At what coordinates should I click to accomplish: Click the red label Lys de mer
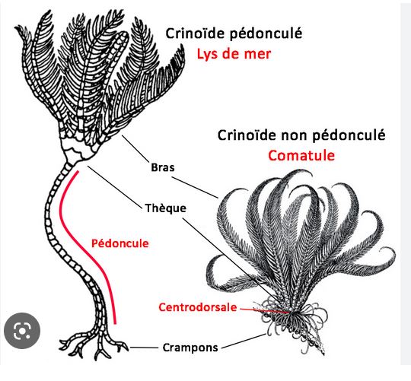[x=234, y=54]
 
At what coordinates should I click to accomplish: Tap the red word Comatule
[x=301, y=156]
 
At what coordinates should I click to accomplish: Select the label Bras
[x=163, y=167]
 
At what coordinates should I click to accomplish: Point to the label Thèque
[x=166, y=208]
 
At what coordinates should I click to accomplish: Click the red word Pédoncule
[x=120, y=243]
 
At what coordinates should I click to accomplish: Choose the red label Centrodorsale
[x=198, y=307]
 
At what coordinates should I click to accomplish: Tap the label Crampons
[x=190, y=348]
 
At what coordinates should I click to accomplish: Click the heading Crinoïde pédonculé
[x=234, y=33]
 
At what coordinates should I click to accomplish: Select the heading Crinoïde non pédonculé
[x=301, y=135]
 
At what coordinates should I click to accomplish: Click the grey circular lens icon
[x=22, y=331]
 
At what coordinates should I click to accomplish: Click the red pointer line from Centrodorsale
[x=266, y=310]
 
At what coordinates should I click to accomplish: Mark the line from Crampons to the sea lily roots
[x=144, y=348]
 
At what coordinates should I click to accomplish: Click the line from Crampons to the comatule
[x=244, y=341]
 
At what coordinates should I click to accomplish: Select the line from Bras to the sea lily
[x=135, y=149]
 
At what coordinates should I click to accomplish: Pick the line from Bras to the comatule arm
[x=195, y=188]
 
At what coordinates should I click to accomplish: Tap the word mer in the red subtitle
[x=257, y=54]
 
